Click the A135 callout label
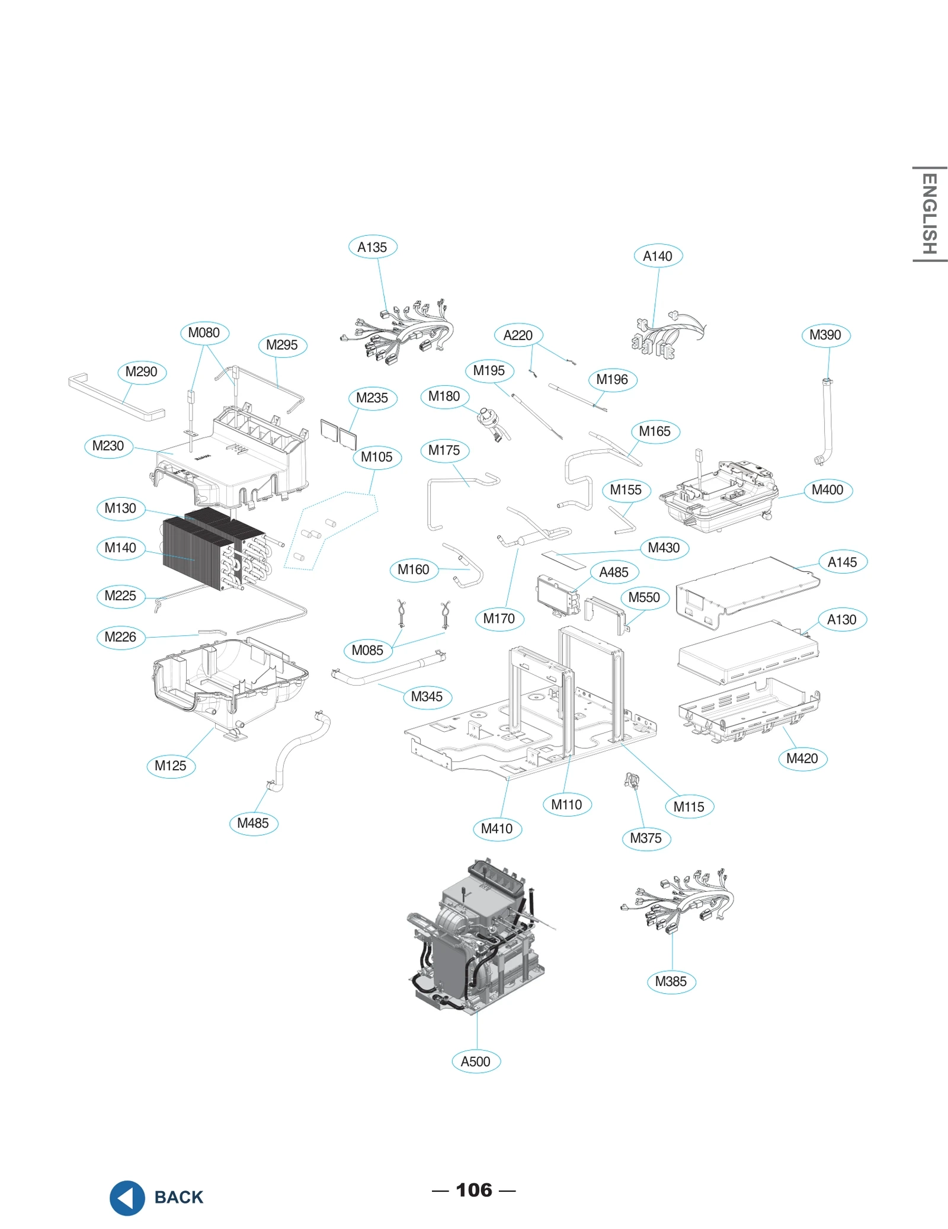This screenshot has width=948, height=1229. (372, 247)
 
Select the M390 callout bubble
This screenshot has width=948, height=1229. (825, 335)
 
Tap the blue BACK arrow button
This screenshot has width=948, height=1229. (127, 1197)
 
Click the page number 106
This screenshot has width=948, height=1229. (473, 1190)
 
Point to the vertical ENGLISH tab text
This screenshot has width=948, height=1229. (929, 214)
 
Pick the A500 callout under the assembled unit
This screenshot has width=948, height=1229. (476, 1061)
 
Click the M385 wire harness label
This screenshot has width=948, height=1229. (671, 981)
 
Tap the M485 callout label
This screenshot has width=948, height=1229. (253, 823)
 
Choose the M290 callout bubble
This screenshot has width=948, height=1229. (142, 372)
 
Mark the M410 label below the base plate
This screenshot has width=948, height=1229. (497, 828)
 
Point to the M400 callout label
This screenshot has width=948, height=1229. (828, 490)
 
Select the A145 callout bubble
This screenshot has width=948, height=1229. (842, 562)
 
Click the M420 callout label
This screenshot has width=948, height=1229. (802, 758)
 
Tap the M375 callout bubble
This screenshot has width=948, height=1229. (646, 838)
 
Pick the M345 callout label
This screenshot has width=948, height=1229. (427, 696)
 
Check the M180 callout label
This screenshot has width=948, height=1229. (444, 396)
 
